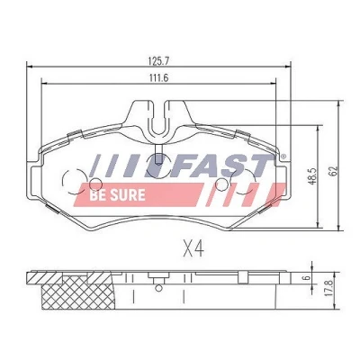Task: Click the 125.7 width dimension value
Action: (x=159, y=61)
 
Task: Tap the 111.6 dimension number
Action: (x=158, y=77)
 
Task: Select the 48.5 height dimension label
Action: (x=313, y=176)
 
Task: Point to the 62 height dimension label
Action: (x=334, y=171)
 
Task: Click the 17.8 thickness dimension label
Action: (x=328, y=288)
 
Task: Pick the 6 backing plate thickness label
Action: (x=306, y=278)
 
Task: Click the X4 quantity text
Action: (x=193, y=248)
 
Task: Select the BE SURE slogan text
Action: (x=117, y=195)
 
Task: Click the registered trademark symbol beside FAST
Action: (x=283, y=157)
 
